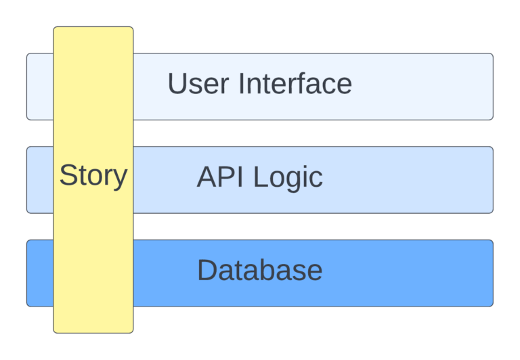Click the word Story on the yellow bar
pyautogui.click(x=93, y=176)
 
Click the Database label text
pyautogui.click(x=259, y=271)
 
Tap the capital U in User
pyautogui.click(x=177, y=84)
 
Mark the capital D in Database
pyautogui.click(x=207, y=271)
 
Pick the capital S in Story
pyautogui.click(x=68, y=176)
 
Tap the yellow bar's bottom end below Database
pyautogui.click(x=93, y=321)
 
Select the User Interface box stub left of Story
pyautogui.click(x=39, y=87)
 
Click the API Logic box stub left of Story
pyautogui.click(x=39, y=180)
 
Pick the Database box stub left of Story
pyautogui.click(x=39, y=273)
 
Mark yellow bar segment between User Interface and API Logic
pyautogui.click(x=93, y=133)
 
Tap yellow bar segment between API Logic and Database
pyautogui.click(x=93, y=227)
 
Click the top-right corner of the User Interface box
pyautogui.click(x=492, y=55)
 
